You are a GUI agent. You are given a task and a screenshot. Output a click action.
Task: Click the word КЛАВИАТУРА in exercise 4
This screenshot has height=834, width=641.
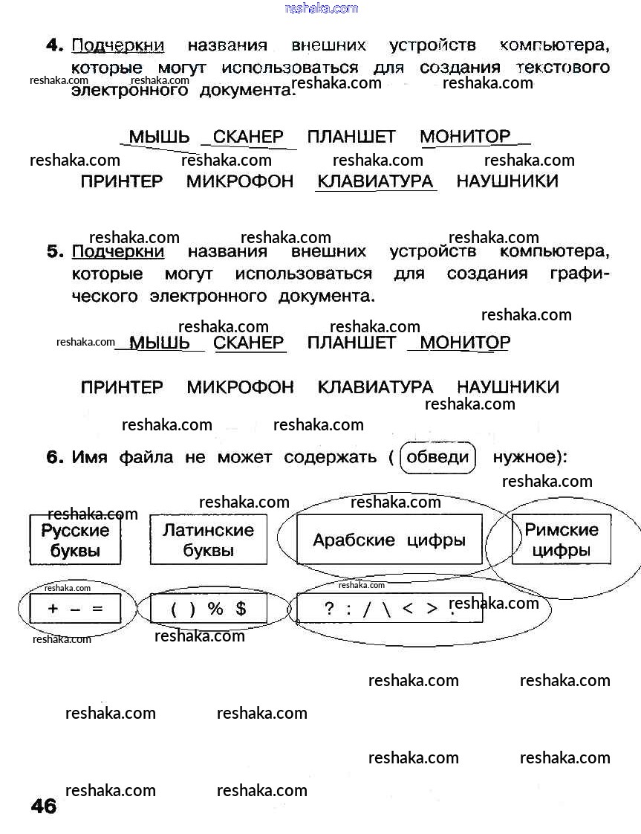point(375,181)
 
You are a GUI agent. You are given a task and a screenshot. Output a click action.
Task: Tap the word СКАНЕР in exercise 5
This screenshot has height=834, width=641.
point(249,343)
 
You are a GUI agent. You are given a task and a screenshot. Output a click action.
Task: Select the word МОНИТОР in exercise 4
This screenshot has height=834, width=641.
point(465,137)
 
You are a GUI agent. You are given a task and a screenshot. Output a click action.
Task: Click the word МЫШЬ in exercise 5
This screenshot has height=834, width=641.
point(160,343)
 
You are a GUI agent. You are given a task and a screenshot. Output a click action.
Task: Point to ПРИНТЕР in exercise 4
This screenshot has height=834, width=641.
point(121,181)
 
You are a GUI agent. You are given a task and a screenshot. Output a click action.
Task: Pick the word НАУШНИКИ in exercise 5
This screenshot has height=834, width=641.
point(507,387)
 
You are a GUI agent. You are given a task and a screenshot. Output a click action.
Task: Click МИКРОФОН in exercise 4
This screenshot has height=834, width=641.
point(240,181)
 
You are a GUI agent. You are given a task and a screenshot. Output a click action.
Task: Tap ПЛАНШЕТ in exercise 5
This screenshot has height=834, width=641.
point(351,343)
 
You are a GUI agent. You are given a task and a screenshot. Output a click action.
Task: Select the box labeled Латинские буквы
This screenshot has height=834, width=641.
point(208,540)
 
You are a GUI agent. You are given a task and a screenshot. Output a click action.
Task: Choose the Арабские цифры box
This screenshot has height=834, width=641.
point(389,540)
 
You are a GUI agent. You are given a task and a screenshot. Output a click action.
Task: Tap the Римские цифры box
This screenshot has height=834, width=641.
point(562,540)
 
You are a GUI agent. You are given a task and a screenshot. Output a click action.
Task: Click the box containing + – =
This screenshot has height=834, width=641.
point(74,610)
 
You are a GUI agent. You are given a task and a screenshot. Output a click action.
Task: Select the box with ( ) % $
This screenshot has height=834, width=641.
point(208,610)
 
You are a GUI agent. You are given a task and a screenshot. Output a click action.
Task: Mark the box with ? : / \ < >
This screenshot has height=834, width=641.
point(389,609)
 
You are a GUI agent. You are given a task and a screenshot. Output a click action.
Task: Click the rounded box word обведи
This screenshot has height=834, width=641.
point(438,457)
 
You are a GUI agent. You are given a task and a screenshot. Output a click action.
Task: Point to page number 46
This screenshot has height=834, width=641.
point(44,806)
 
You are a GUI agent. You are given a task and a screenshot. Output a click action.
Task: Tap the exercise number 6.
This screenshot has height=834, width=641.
point(56,457)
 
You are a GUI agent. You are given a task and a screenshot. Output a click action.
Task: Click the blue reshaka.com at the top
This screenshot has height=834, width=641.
point(321,8)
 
